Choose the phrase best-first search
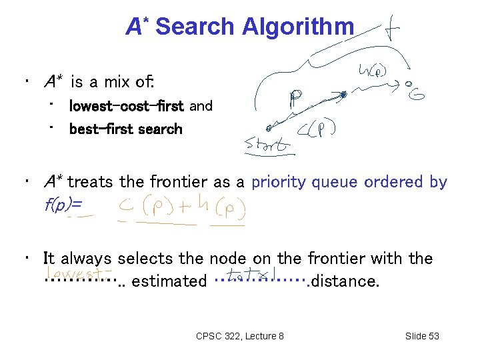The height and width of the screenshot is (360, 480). tap(125, 129)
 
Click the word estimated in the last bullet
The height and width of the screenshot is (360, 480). tap(169, 281)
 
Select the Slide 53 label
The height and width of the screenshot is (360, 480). tap(422, 336)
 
